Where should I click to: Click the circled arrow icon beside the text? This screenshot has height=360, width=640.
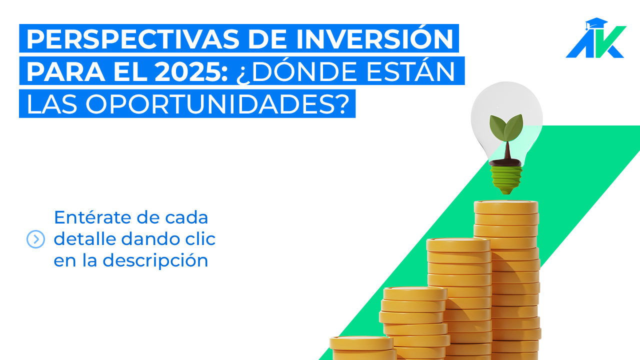point(35,239)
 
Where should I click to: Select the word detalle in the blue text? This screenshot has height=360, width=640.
point(84,239)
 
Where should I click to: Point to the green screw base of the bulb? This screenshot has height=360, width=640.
point(505,179)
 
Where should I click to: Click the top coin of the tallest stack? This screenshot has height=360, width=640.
point(506,206)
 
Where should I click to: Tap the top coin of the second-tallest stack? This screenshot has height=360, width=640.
point(458,244)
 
